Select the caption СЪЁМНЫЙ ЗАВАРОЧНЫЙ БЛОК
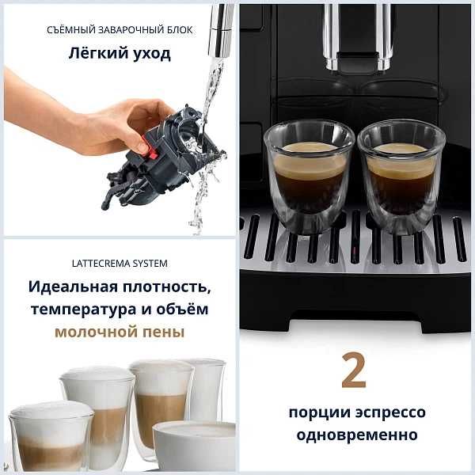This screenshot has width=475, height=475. pos(119,30)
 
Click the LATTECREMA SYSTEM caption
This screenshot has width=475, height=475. pos(119,263)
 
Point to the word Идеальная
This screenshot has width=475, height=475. pos(71,286)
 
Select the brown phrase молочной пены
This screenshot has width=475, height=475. pos(119,332)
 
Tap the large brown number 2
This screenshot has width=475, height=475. pos(354,371)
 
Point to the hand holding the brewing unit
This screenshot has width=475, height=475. pos(87,119)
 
